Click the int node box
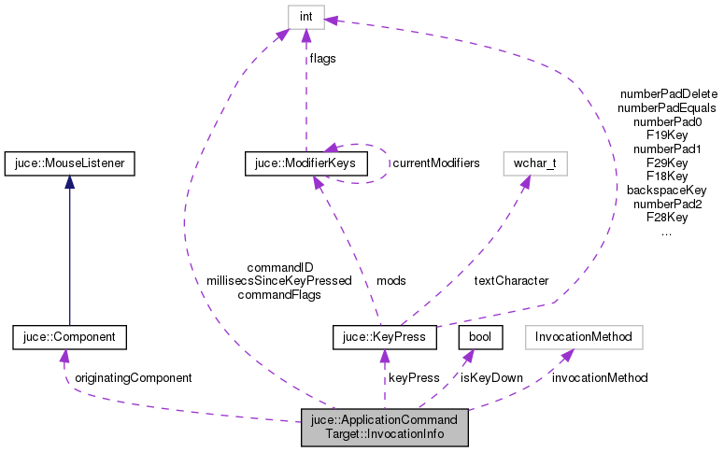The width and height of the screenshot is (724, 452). [x=305, y=17]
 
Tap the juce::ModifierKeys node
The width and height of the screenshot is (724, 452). [x=305, y=163]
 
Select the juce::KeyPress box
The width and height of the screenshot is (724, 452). [x=384, y=334]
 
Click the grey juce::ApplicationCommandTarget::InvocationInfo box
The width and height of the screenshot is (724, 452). [x=384, y=427]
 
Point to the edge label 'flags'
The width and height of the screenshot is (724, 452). [x=323, y=58]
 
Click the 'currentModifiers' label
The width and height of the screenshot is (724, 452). [x=436, y=163]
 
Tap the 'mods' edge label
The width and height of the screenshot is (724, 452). [x=390, y=280]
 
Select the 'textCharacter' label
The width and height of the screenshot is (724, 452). [x=511, y=280]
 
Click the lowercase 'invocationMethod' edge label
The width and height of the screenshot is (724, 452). [x=599, y=378]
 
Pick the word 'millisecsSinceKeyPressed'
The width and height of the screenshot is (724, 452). [x=278, y=280]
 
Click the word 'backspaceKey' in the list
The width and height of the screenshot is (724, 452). [x=666, y=190]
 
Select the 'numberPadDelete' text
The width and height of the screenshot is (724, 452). [x=667, y=94]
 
